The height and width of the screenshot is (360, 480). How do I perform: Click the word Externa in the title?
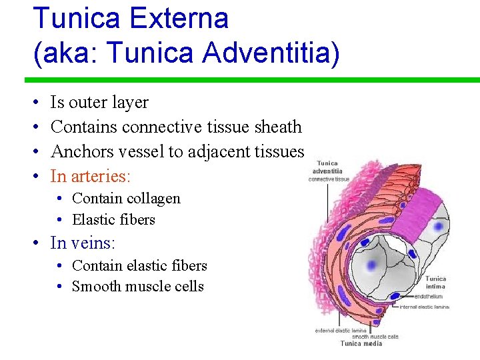[178, 18]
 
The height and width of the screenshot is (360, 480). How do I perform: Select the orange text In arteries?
[91, 176]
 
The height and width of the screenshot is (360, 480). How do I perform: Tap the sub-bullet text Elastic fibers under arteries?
[113, 220]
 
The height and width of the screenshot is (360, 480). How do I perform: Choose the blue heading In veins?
[83, 243]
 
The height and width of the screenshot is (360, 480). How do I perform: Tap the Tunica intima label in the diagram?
[435, 283]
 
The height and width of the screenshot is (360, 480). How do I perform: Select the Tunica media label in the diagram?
[361, 343]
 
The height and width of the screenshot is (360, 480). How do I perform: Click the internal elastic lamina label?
[424, 307]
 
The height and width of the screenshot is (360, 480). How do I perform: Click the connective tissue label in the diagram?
[329, 179]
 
